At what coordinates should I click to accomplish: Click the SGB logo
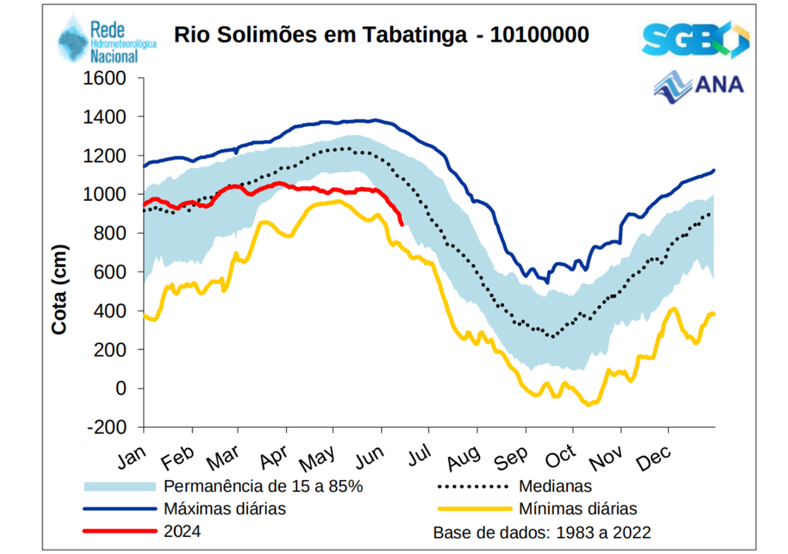[694, 39]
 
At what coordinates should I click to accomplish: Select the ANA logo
[699, 84]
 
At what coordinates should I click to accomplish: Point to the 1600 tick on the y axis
[109, 78]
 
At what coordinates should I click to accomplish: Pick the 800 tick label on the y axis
[114, 233]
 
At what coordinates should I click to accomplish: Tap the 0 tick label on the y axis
[121, 389]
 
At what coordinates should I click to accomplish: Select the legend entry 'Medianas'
[555, 486]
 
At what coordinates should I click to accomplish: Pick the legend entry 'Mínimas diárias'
[578, 509]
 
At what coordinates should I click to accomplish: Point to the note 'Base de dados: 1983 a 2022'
[543, 532]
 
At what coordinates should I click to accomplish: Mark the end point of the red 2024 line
[402, 224]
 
